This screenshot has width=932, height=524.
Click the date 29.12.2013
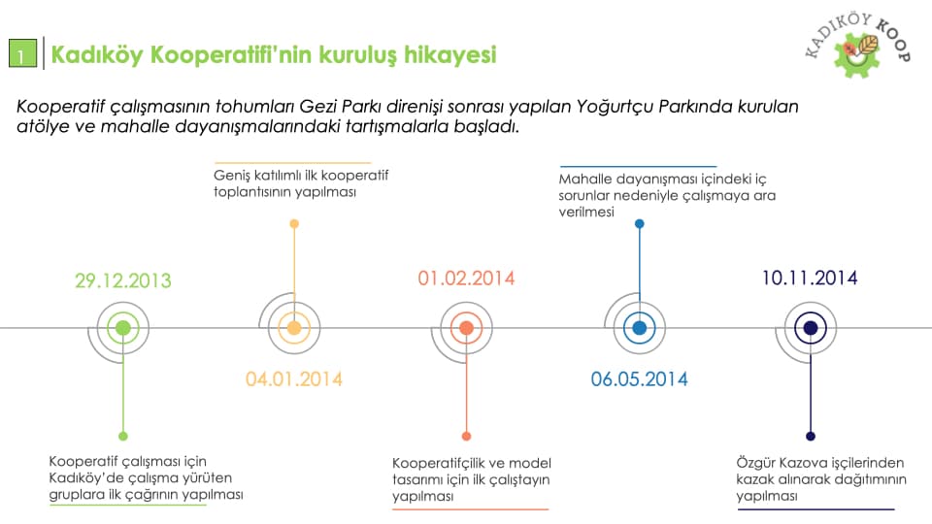pyautogui.click(x=123, y=280)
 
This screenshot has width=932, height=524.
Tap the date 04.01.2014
pyautogui.click(x=294, y=379)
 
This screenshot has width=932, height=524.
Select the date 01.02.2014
pyautogui.click(x=466, y=278)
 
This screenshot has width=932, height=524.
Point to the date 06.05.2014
pyautogui.click(x=639, y=379)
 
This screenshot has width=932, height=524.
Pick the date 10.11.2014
pyautogui.click(x=810, y=278)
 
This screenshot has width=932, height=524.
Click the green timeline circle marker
pyautogui.click(x=123, y=328)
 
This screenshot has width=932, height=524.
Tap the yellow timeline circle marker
pyautogui.click(x=294, y=328)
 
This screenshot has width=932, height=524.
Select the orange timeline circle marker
pyautogui.click(x=467, y=328)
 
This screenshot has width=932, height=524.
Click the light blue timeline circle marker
pyautogui.click(x=640, y=328)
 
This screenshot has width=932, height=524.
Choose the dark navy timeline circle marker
pyautogui.click(x=811, y=328)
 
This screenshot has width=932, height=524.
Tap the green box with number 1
pyautogui.click(x=22, y=53)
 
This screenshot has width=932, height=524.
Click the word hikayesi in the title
pyautogui.click(x=449, y=54)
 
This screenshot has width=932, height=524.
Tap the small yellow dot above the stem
pyautogui.click(x=294, y=224)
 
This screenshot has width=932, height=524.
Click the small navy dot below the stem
pyautogui.click(x=811, y=436)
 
